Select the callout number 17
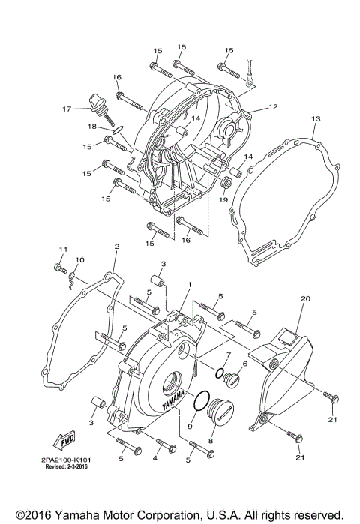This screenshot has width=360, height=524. coord(67,109)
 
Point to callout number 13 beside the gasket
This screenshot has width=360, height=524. coord(316,119)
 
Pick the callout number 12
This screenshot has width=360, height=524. coord(273,107)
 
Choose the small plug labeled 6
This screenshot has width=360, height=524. coord(231,376)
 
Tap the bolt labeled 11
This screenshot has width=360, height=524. coord(59,267)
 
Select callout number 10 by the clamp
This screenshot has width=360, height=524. coord(79,259)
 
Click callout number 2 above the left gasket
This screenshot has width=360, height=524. coord(116,247)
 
